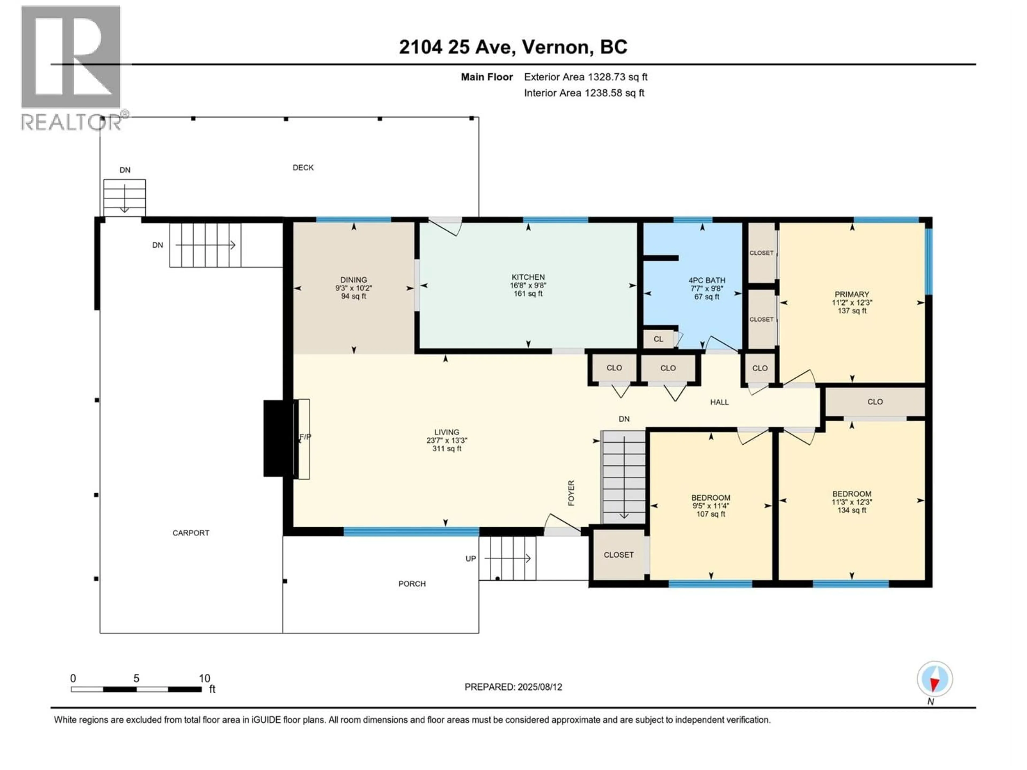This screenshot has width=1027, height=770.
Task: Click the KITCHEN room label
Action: click(x=528, y=277)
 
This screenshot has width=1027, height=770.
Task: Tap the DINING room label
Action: click(x=353, y=280)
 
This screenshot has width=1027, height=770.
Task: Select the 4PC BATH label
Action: click(x=707, y=280)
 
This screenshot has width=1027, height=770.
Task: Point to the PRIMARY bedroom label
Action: click(x=852, y=294)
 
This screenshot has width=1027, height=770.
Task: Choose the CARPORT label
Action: click(x=191, y=533)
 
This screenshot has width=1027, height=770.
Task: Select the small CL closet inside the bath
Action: click(x=658, y=339)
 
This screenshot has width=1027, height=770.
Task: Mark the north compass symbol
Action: click(x=935, y=679)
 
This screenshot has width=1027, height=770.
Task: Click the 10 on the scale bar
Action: click(x=204, y=679)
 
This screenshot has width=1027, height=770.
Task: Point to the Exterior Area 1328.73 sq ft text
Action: click(x=585, y=77)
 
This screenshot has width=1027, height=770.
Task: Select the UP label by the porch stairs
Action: click(x=470, y=559)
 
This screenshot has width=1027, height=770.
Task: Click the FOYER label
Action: click(x=571, y=493)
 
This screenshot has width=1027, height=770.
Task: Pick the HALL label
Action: click(x=719, y=402)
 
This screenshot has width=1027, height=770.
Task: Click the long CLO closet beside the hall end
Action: click(x=875, y=402)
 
